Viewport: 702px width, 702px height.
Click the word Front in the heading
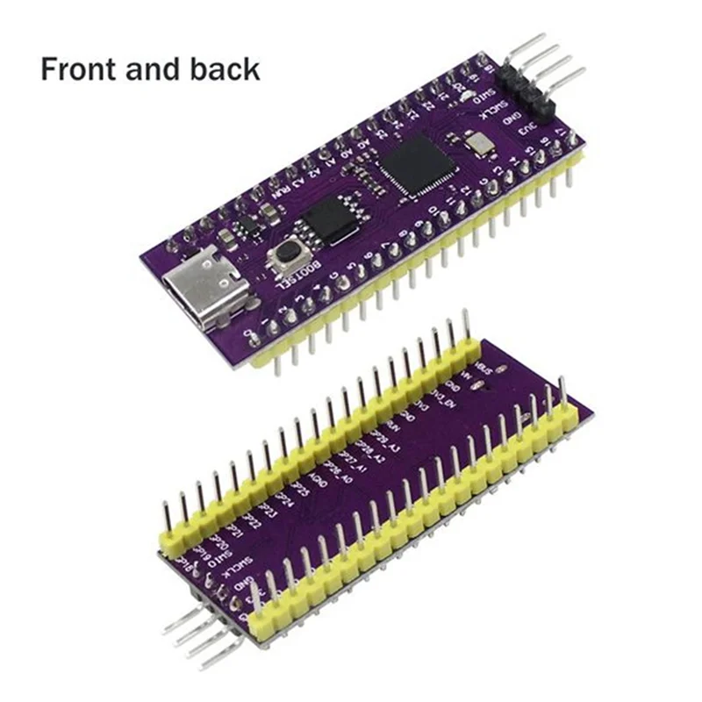click(x=82, y=68)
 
